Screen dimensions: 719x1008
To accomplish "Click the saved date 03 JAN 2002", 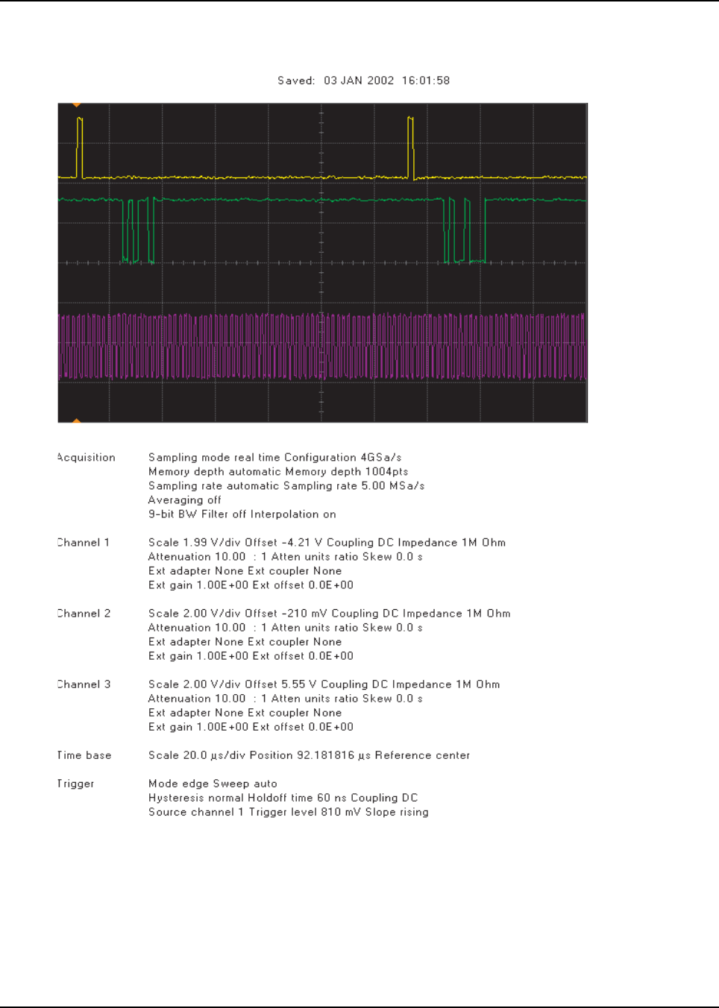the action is pyautogui.click(x=359, y=81).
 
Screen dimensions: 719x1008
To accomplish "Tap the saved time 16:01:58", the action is pyautogui.click(x=426, y=81).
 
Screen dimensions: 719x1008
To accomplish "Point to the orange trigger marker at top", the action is pyautogui.click(x=76, y=105).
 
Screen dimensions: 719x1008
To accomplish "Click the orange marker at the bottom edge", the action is pyautogui.click(x=76, y=421).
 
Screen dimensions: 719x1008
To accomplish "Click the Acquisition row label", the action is pyautogui.click(x=87, y=458).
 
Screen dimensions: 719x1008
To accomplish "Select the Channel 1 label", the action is pyautogui.click(x=84, y=543).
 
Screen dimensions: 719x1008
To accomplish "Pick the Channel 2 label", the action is pyautogui.click(x=84, y=614).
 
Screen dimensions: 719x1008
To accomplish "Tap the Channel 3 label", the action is pyautogui.click(x=84, y=684).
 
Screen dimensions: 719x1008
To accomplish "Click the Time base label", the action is pyautogui.click(x=84, y=755).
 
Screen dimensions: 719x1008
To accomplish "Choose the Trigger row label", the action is pyautogui.click(x=76, y=784).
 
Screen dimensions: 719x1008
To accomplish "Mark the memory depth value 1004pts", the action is pyautogui.click(x=386, y=472).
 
